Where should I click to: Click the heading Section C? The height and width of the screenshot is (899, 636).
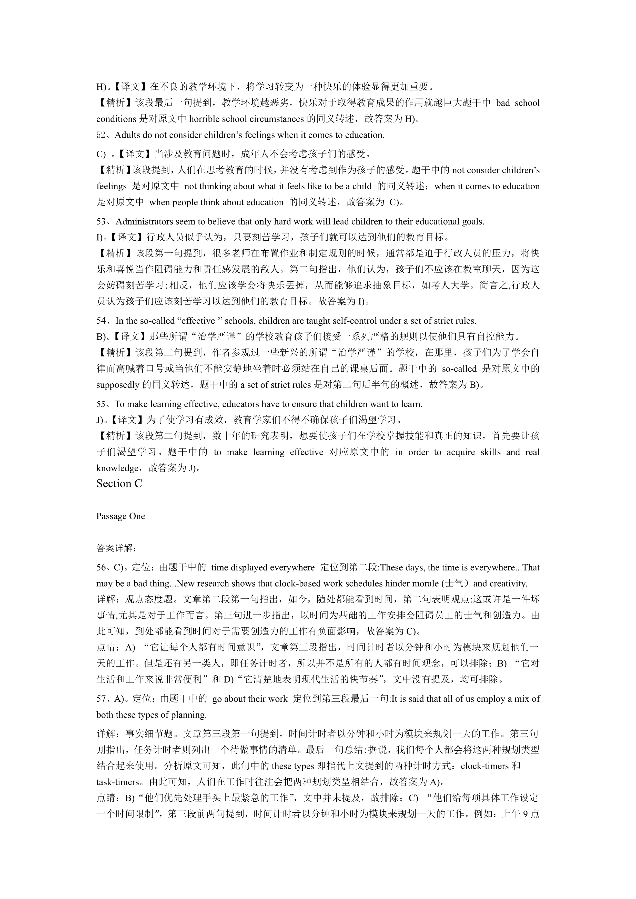point(119,484)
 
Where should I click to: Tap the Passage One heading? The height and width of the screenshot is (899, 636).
point(121,516)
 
